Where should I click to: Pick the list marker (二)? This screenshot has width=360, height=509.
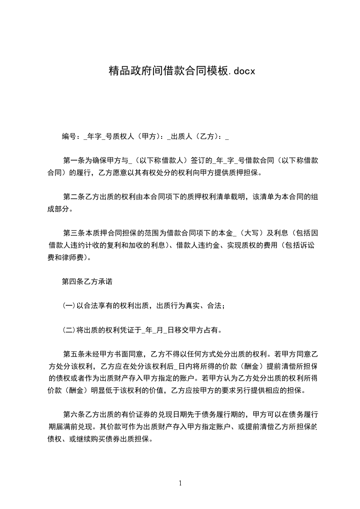(x=69, y=330)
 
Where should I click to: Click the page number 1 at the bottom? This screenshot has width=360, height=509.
(x=180, y=483)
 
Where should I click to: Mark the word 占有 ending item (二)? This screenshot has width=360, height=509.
(x=212, y=330)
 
